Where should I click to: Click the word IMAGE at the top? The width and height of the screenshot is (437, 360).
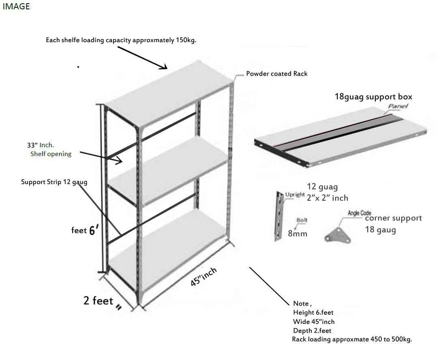[x=16, y=6]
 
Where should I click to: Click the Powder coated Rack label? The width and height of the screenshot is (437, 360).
[x=276, y=74]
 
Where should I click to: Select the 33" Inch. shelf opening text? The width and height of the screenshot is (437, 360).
[x=41, y=145]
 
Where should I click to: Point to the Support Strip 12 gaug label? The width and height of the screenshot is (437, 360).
[x=54, y=182]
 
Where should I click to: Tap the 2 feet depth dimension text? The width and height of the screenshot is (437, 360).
[x=98, y=301]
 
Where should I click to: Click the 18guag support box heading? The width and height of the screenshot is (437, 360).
[x=373, y=96]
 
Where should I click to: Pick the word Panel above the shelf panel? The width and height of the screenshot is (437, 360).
[x=398, y=106]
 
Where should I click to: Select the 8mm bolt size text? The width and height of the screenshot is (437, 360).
[x=298, y=234]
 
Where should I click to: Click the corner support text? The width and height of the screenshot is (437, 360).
[x=393, y=218]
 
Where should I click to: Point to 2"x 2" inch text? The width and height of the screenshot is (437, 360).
[x=328, y=198]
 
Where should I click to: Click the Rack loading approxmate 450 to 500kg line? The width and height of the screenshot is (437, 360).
[x=351, y=339]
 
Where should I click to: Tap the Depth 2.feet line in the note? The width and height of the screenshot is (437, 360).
[x=312, y=330]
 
